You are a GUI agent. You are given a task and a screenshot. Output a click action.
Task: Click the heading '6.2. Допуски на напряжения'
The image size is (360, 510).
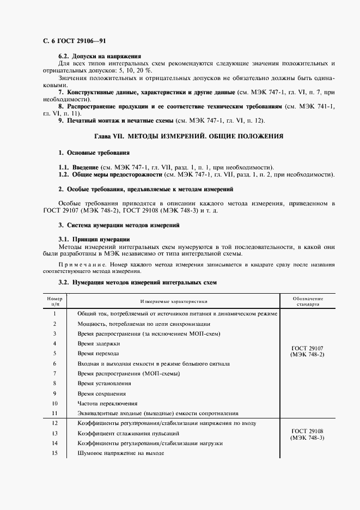tap(100, 56)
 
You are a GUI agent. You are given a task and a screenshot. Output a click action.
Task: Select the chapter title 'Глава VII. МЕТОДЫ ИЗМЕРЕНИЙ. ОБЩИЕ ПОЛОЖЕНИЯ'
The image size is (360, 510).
tap(189, 135)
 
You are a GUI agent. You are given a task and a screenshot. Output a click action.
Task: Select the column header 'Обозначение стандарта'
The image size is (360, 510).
tap(308, 301)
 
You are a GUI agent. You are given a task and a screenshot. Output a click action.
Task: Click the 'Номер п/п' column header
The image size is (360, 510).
tap(55, 301)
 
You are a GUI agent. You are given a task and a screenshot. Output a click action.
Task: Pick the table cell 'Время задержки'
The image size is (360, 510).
tap(99, 343)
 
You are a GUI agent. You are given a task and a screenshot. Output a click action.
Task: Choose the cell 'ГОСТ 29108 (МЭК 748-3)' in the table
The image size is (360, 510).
tap(308, 434)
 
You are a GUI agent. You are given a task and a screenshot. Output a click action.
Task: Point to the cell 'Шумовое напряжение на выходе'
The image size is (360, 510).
tap(120, 453)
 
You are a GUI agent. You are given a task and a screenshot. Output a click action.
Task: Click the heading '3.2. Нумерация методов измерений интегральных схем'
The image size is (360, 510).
tap(137, 283)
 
